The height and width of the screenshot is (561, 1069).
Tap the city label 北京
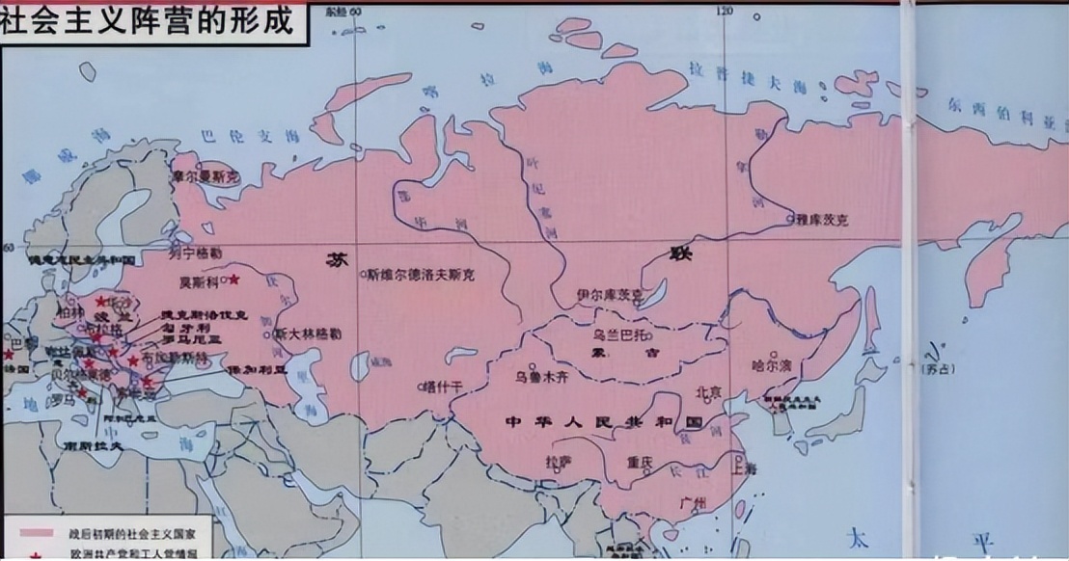click(x=709, y=392)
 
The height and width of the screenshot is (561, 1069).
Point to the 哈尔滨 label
click(x=772, y=365)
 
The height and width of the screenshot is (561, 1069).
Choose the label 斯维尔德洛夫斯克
click(x=423, y=275)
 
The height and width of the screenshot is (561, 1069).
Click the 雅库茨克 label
click(x=822, y=221)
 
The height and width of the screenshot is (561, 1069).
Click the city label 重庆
click(x=640, y=461)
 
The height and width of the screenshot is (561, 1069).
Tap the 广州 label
click(x=692, y=504)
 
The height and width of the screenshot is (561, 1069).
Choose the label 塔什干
click(x=445, y=387)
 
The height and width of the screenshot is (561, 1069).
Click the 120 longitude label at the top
click(x=723, y=11)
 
